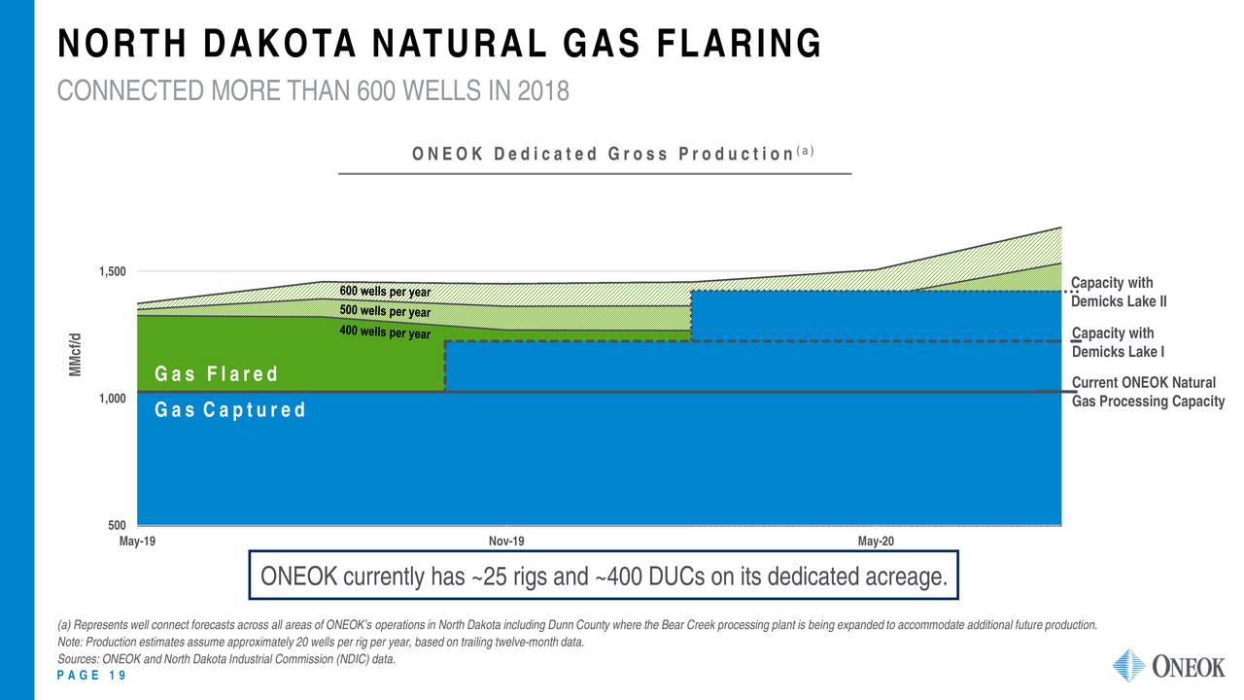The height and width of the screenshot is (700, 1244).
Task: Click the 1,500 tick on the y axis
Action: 112,271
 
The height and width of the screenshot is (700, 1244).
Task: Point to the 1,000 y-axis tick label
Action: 112,399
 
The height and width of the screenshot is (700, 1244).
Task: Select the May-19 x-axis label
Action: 137,541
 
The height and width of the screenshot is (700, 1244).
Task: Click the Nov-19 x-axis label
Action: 506,541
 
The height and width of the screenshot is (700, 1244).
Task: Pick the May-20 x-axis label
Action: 876,541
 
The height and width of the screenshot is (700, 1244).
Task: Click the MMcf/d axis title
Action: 75,356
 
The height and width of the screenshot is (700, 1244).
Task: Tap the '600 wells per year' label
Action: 385,293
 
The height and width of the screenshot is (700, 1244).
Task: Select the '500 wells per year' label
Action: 385,312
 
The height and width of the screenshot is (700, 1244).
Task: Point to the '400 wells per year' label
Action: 385,333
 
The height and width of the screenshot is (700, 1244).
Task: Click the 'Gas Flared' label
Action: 217,375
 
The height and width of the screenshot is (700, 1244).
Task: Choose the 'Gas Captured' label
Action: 230,410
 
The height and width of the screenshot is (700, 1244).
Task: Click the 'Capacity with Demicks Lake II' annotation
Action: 1118,292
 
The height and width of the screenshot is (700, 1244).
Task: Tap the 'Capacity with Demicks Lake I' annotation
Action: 1118,342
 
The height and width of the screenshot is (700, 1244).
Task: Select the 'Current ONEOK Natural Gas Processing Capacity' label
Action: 1147,393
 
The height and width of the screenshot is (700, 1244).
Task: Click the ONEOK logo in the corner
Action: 1168,667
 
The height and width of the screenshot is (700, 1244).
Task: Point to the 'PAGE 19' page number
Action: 92,677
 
